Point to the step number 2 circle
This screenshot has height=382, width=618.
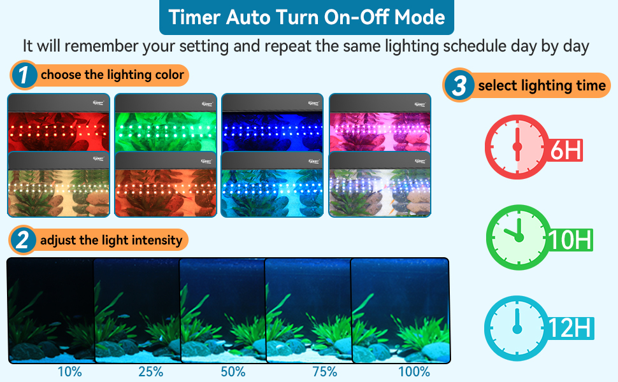[x=23, y=241]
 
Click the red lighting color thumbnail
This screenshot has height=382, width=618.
[x=59, y=124]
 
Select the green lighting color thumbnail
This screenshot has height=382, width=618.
[x=166, y=124]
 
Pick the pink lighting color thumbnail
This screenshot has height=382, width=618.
[x=380, y=124]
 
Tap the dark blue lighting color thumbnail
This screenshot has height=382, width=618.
[x=273, y=124]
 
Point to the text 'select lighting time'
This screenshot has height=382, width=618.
[x=542, y=85]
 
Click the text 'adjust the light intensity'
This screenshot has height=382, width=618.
[x=111, y=241]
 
